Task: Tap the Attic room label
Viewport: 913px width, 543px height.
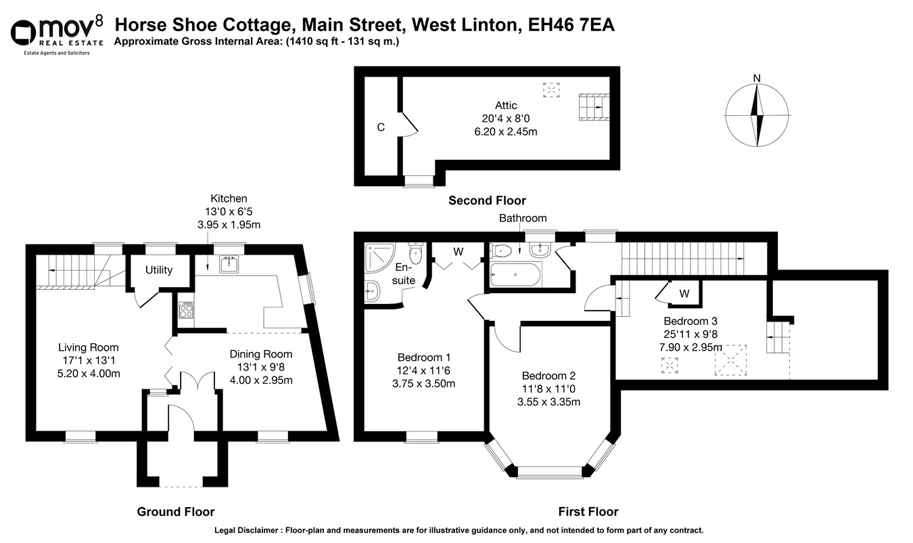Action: pos(506,106)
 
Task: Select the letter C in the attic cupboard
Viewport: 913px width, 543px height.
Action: pos(381,127)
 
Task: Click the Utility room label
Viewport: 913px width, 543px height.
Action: pos(159,270)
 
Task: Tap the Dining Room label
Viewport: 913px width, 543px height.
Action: pos(261,354)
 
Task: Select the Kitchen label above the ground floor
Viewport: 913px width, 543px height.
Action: pos(229,199)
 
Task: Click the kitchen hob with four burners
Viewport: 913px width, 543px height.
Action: pos(186,311)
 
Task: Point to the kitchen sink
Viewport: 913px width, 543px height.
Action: pos(228,264)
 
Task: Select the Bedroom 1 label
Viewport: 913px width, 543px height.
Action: pos(424,357)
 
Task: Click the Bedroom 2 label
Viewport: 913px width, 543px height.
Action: pos(548,376)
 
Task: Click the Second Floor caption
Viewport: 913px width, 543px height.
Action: pos(487,200)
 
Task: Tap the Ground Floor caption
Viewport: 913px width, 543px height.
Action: pos(176,512)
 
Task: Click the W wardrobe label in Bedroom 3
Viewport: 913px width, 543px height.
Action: pos(684,294)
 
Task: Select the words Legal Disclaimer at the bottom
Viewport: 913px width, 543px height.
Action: pos(249,531)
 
